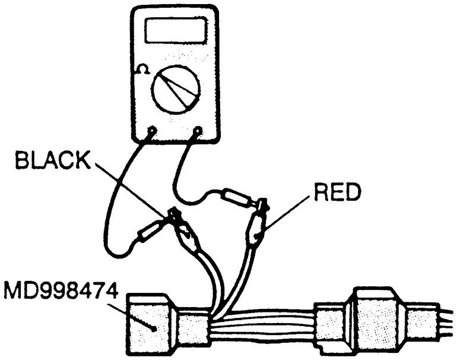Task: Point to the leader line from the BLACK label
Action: tap(131, 187)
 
